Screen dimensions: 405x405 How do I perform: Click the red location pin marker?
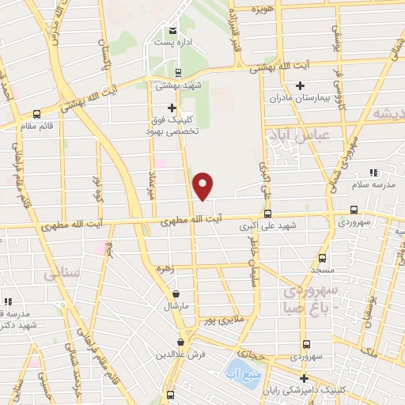pyautogui.click(x=203, y=185)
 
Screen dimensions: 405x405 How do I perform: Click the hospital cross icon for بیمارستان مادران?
pyautogui.click(x=300, y=85)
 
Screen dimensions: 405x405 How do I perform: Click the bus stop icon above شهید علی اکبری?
pyautogui.click(x=267, y=214)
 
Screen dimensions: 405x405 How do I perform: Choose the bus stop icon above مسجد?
pyautogui.click(x=322, y=258)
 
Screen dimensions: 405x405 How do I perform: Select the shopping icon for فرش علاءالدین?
pyautogui.click(x=181, y=343)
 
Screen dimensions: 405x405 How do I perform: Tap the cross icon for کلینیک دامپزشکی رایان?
pyautogui.click(x=303, y=378)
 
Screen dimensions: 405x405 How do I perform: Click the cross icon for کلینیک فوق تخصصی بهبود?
pyautogui.click(x=172, y=108)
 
